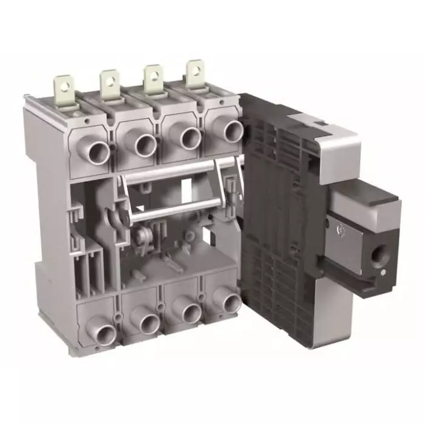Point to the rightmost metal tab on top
tap(194, 75)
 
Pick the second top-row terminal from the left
tap(144, 143)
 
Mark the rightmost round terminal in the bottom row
tap(231, 302)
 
